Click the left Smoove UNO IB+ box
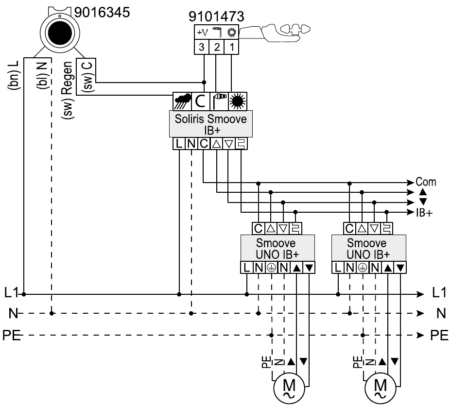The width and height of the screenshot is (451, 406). [276, 248]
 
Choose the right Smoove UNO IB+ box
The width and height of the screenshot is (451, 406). [367, 248]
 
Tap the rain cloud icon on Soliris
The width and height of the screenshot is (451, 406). [183, 101]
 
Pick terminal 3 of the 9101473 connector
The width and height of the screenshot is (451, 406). [202, 47]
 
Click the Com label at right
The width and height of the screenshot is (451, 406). [426, 183]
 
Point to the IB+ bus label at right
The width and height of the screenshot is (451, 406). [424, 213]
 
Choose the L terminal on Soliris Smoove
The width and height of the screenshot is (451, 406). [179, 143]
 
